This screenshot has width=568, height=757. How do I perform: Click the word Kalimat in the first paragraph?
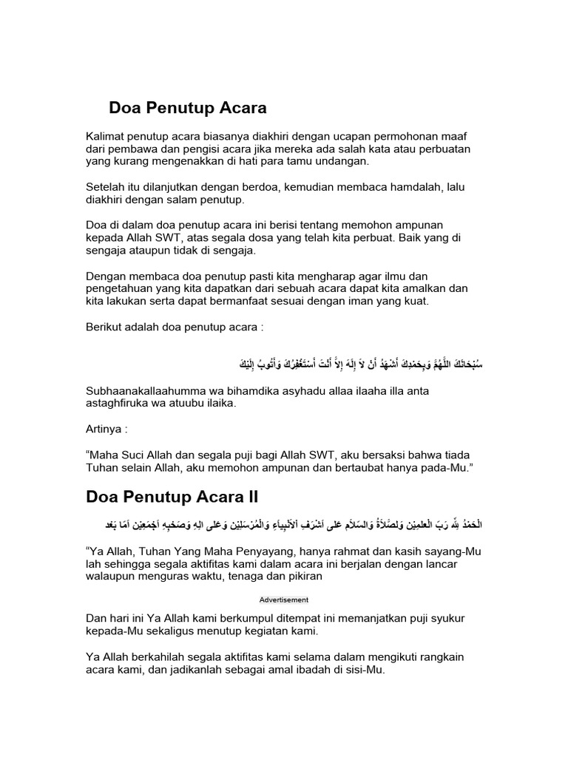coord(106,137)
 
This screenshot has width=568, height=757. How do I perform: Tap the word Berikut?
coord(105,326)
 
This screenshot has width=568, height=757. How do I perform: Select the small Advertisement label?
coord(284,600)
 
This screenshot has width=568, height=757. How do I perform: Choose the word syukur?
coord(447,619)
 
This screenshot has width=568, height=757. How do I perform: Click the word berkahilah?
coord(160,657)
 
